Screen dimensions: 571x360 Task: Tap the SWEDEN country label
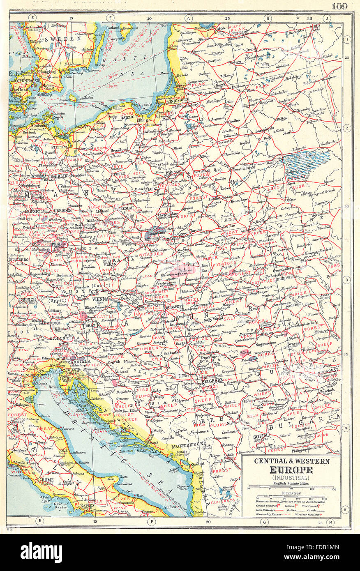pos(63,39)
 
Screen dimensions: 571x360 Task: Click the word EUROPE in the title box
pos(291,470)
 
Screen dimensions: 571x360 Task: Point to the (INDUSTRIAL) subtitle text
pos(291,478)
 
